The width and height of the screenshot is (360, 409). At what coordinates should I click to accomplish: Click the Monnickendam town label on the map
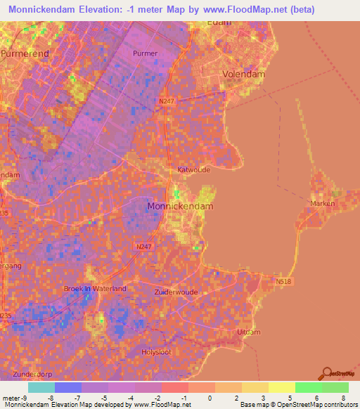180,207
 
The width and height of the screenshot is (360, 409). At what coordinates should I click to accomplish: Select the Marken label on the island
322,204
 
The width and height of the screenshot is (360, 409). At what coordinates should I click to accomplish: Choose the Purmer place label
145,53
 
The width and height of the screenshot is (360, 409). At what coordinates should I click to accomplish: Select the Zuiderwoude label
176,292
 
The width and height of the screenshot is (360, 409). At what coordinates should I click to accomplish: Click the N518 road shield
283,281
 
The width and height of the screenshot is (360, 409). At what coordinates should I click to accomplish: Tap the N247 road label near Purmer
165,101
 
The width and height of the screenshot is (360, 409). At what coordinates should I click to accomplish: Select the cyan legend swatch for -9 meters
41,387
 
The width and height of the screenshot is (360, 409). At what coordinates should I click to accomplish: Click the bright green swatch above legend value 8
335,387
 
